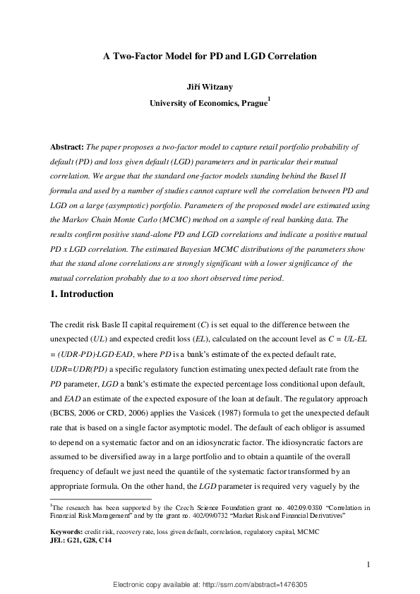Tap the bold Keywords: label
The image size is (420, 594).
coord(68,531)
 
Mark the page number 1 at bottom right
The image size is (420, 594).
coord(369,564)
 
